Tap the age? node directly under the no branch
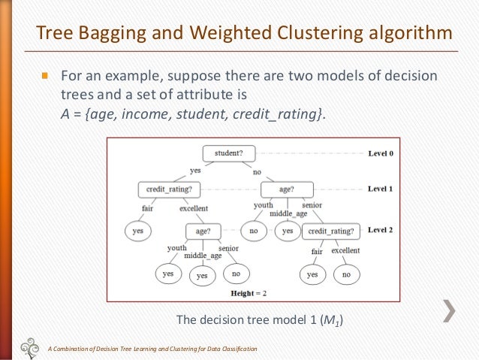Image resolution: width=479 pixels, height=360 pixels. coord(285,189)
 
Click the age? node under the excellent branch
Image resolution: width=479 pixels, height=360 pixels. coord(203,231)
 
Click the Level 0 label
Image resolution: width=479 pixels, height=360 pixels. coord(381,153)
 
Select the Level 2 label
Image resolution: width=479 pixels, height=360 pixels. coord(381,230)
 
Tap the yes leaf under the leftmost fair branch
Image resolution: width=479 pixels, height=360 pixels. coord(137,231)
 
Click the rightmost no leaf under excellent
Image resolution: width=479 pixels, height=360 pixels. coord(346,275)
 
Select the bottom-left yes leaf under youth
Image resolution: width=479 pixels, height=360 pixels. coord(167,274)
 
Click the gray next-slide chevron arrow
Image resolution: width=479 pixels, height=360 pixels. coord(450,310)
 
